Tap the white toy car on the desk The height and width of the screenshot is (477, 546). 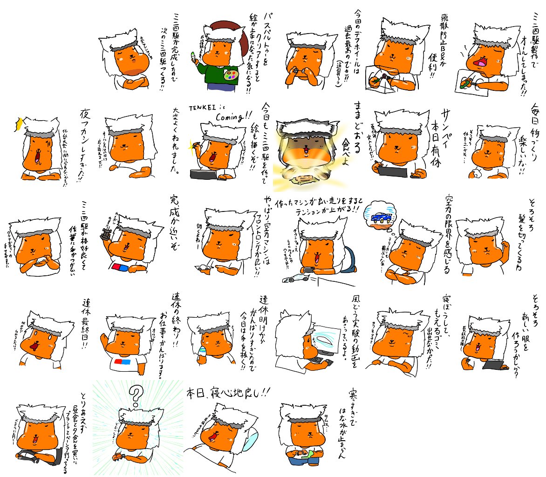[x=296, y=278]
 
